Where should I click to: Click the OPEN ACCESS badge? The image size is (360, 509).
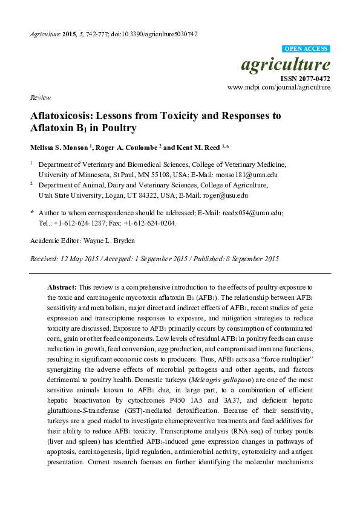tap(306, 48)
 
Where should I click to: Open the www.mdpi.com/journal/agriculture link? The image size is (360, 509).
tap(278, 87)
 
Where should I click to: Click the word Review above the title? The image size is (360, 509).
tap(39, 97)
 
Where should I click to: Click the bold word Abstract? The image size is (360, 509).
tap(61, 286)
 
